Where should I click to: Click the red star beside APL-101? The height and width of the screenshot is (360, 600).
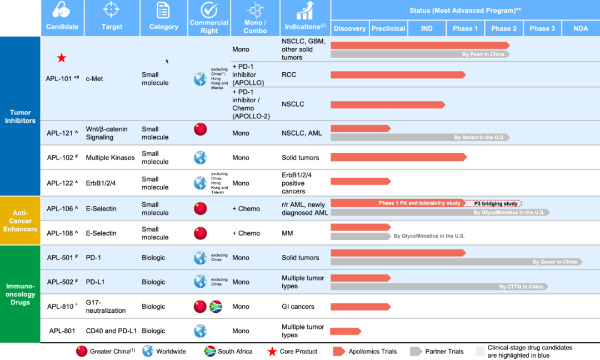pyautogui.click(x=62, y=58)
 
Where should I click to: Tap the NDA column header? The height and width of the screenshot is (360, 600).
pyautogui.click(x=581, y=28)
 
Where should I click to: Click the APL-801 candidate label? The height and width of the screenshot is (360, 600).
pyautogui.click(x=62, y=331)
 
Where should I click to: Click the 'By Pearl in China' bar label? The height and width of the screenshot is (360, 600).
pyautogui.click(x=484, y=54)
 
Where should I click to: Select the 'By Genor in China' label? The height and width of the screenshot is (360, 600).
pyautogui.click(x=554, y=262)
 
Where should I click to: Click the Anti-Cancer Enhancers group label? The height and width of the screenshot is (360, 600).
pyautogui.click(x=21, y=221)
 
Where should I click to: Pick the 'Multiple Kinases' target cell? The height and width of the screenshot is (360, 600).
pyautogui.click(x=110, y=158)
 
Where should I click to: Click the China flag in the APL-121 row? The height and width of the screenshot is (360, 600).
pyautogui.click(x=200, y=129)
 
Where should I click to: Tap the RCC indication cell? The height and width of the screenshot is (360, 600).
pyautogui.click(x=289, y=74)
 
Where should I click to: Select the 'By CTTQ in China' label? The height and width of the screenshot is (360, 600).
pyautogui.click(x=521, y=287)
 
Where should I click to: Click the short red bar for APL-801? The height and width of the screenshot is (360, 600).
pyautogui.click(x=345, y=332)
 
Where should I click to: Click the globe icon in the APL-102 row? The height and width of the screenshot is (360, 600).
pyautogui.click(x=200, y=158)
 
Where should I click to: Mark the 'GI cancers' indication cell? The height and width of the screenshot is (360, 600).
pyautogui.click(x=298, y=307)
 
